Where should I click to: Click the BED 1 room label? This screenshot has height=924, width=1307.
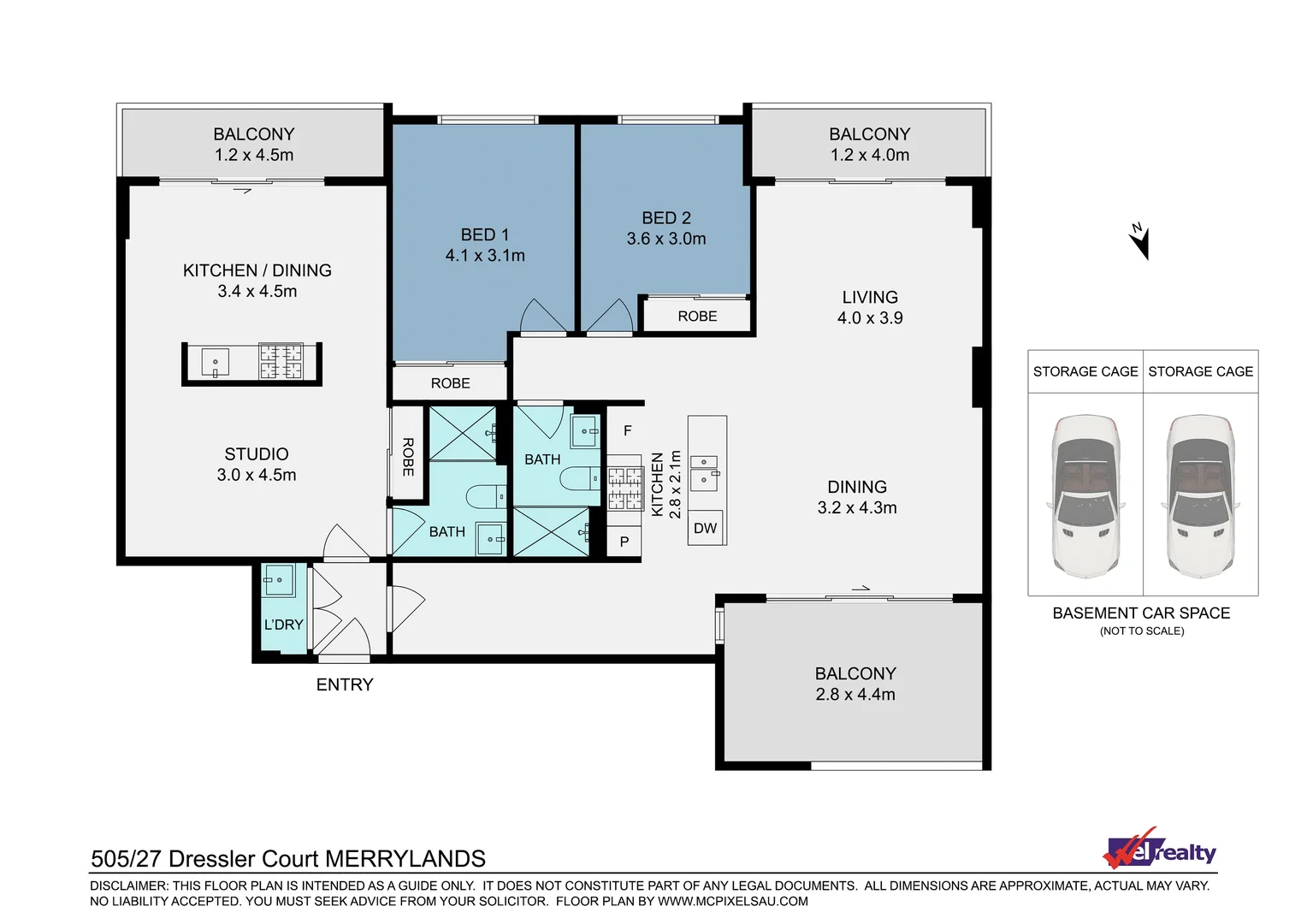pos(484,234)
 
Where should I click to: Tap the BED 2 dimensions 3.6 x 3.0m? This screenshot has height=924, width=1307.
pos(666,239)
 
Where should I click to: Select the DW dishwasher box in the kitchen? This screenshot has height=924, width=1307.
pos(706,528)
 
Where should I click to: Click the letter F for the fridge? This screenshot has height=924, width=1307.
pos(627,430)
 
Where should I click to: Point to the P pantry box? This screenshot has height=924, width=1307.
pos(624,542)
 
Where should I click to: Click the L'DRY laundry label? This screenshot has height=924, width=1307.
pos(283,625)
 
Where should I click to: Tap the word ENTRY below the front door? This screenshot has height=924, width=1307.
pos(345,684)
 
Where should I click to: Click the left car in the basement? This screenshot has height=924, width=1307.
pos(1085,496)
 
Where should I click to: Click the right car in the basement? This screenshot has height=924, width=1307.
pos(1200,496)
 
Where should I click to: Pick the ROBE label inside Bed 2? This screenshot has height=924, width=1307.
pos(697,316)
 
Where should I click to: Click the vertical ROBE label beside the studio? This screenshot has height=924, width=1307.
pos(408,457)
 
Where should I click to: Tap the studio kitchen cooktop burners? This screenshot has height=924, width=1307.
pos(281,361)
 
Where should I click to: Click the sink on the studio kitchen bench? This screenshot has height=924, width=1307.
pos(215,362)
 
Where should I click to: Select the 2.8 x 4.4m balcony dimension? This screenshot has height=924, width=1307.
pos(855,695)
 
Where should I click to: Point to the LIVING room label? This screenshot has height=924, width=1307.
pos(870,297)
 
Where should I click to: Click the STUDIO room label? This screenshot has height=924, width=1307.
pos(257,453)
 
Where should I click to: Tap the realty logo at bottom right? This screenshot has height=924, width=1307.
pos(1160,850)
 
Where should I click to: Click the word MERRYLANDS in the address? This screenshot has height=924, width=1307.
pos(405,858)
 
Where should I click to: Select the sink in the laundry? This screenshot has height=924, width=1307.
pos(279,581)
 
